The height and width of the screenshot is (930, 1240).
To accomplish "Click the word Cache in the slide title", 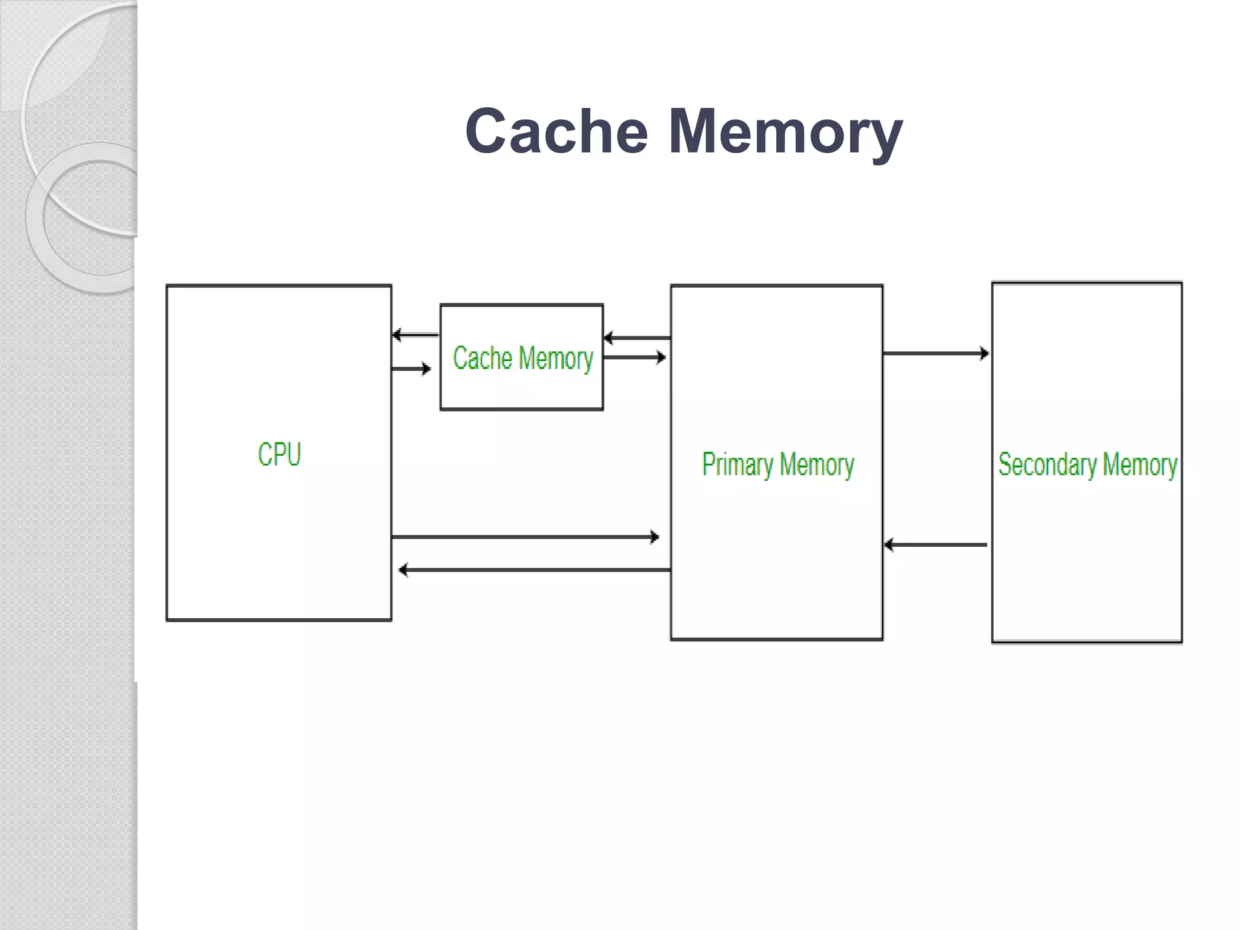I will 556,131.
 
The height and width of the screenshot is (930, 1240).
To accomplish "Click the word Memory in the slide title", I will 785,131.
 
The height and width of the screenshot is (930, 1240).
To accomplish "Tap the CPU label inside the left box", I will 279,454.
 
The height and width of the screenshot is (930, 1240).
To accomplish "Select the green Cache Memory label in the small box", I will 523,358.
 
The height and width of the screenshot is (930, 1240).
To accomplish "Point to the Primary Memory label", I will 778,464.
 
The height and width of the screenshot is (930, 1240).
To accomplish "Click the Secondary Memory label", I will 1087,464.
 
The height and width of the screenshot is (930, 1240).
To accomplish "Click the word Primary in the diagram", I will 737,464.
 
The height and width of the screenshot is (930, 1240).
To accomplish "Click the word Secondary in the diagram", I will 1047,464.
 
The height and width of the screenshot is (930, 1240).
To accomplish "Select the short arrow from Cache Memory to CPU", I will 415,335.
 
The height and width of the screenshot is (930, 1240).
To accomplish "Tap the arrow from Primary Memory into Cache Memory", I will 637,338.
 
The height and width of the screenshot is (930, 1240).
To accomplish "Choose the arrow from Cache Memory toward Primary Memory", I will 635,357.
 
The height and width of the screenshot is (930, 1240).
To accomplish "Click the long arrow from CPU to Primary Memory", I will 524,536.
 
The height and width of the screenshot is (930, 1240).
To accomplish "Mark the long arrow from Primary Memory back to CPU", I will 535,570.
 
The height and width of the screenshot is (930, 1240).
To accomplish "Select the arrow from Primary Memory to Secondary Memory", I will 935,353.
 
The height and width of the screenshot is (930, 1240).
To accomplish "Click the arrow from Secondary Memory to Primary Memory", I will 935,545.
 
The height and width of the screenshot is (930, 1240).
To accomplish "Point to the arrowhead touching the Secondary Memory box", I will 984,353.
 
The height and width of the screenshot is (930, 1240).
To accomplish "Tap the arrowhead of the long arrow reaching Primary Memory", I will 655,536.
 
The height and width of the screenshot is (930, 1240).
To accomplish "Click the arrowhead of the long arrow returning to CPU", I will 403,570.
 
